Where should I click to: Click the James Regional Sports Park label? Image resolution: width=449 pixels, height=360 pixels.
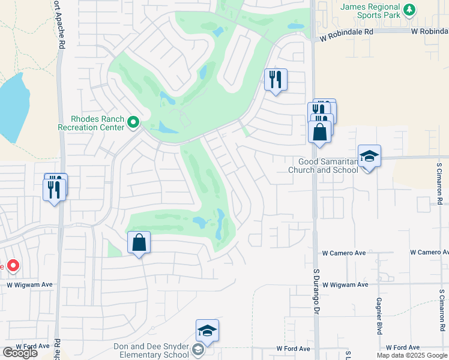(x=370, y=11)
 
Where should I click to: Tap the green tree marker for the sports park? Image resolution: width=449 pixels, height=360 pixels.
(x=409, y=9)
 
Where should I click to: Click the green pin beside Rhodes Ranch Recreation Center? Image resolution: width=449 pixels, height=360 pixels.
(x=133, y=123)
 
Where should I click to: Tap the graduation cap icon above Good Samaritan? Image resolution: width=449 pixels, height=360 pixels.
(x=369, y=156)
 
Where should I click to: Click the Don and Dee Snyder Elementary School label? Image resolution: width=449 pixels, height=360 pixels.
(x=152, y=350)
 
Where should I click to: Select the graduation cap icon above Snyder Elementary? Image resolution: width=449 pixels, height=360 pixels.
(x=207, y=330)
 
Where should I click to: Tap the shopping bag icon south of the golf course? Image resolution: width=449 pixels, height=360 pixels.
(x=139, y=242)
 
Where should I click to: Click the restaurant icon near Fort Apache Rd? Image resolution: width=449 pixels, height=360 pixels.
(x=55, y=190)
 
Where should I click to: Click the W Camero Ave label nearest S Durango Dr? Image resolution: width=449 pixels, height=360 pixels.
(x=344, y=253)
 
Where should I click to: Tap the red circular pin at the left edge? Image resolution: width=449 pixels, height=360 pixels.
(x=13, y=265)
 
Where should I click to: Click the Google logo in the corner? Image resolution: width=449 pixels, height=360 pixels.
(x=19, y=353)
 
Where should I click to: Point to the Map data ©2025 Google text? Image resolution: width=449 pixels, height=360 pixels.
(x=412, y=355)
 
